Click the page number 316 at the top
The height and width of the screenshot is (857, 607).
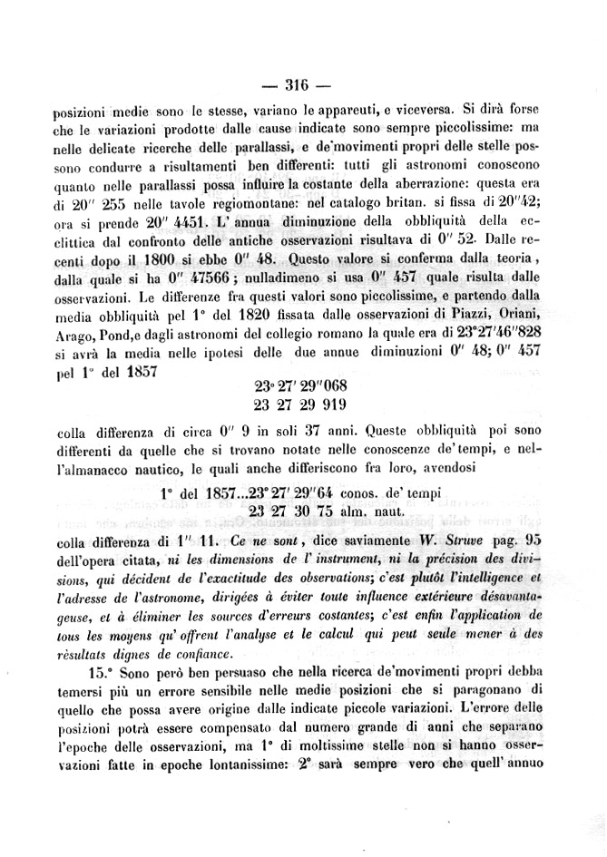[x=299, y=86]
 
